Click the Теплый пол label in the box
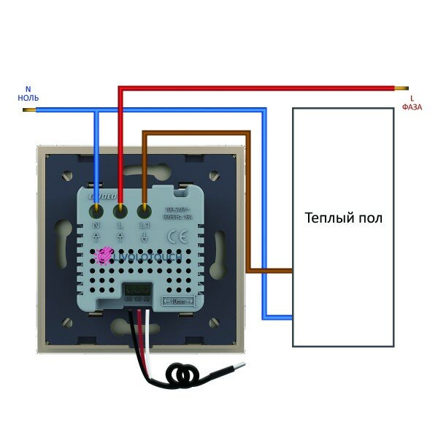[343, 218]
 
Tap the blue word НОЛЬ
[28, 97]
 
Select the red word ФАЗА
[412, 107]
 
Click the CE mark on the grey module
[177, 237]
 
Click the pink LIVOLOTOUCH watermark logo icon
[104, 255]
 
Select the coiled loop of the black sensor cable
[181, 376]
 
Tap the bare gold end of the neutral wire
[28, 111]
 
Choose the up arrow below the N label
[97, 239]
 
